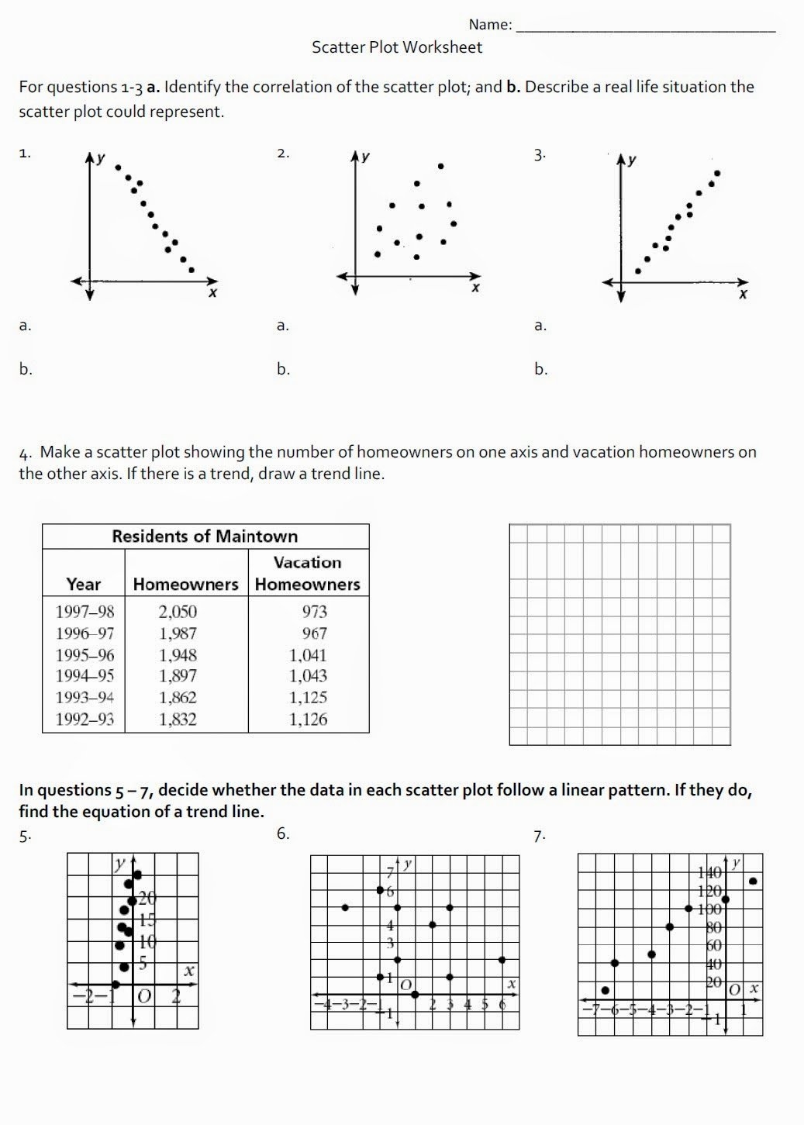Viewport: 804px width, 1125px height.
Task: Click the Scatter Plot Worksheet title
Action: tap(396, 47)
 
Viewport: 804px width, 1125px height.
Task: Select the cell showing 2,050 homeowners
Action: tap(178, 612)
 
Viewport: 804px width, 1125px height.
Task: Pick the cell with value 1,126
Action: tap(308, 720)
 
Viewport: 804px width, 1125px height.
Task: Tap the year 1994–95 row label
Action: tap(85, 676)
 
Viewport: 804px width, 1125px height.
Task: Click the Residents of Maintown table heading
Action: tap(205, 537)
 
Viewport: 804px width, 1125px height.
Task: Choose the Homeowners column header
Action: tap(185, 585)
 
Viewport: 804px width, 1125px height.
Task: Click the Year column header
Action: tap(83, 585)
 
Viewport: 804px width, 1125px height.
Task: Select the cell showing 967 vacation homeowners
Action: tap(314, 633)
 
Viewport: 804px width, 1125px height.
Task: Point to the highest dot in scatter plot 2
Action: tap(440, 166)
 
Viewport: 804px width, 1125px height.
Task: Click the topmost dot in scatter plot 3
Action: tap(717, 174)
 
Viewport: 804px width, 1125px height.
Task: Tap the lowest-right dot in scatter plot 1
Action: tap(192, 270)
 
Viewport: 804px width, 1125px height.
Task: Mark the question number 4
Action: tap(25, 453)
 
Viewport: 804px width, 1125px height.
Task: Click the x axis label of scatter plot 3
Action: tap(743, 295)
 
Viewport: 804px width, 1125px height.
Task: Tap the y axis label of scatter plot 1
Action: tap(100, 158)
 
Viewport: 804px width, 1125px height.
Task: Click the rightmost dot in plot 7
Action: tap(753, 881)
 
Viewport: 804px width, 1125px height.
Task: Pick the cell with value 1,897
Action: tap(178, 676)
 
